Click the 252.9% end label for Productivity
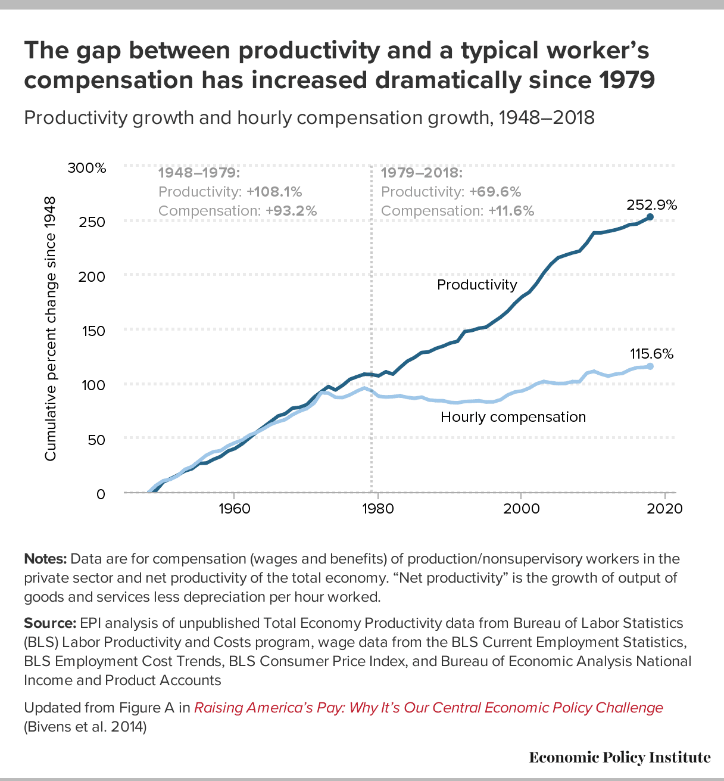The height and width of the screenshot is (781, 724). (652, 205)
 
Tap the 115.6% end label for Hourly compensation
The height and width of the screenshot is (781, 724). (652, 354)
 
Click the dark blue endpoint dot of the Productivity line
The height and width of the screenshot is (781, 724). (650, 217)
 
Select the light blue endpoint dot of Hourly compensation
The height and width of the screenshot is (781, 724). (650, 366)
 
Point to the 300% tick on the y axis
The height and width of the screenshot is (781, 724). (87, 168)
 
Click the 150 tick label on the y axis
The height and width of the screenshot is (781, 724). (93, 331)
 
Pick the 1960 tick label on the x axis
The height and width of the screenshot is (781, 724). (234, 509)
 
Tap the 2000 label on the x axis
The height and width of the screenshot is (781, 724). (522, 509)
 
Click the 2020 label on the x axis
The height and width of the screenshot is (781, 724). (665, 509)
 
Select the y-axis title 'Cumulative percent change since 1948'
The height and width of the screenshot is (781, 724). (50, 329)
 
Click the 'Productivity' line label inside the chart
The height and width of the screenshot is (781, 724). (477, 284)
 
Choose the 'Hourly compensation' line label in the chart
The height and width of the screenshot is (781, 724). (513, 417)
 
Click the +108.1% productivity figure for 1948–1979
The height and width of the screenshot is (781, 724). (274, 192)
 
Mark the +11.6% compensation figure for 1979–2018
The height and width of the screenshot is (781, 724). (511, 211)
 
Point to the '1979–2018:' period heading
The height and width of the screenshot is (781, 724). (422, 173)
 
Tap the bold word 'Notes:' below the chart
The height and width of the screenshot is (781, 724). (46, 558)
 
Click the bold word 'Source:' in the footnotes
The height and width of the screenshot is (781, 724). (50, 623)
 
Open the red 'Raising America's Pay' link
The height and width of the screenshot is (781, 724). (429, 708)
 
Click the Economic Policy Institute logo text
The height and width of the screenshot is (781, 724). (620, 757)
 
